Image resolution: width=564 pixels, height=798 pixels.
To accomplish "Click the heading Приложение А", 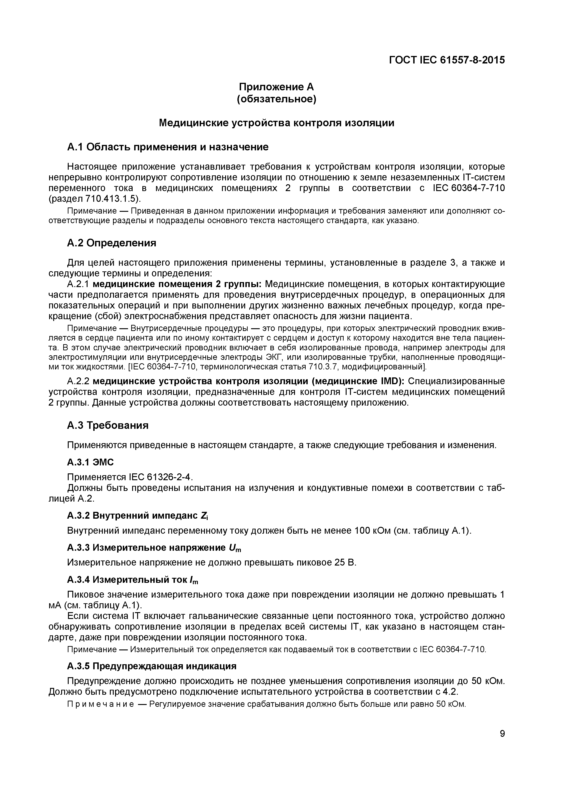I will [277, 86].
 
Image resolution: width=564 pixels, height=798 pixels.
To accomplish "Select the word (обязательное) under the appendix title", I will [277, 99].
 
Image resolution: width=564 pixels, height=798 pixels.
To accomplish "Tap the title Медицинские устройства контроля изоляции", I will [277, 123].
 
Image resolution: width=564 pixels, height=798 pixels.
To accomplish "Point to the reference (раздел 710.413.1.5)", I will [95, 199].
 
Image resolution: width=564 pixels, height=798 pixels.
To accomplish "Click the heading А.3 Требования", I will [108, 425].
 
